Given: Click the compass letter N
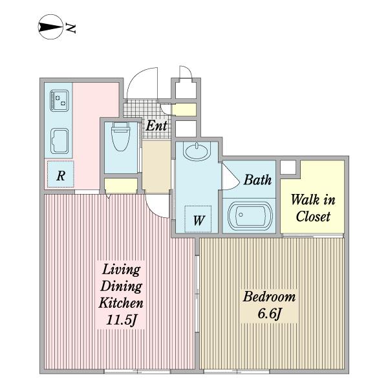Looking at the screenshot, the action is point(70,28).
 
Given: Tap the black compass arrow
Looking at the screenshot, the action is point(50,27).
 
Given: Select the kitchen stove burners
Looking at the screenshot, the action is point(59,100).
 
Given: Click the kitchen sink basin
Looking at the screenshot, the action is point(59,141).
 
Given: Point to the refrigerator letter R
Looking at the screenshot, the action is point(61,176).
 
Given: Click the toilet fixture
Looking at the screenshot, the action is point(120,136).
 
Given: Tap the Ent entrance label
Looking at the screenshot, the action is point(156,125).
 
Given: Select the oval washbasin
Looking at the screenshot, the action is point(197,151).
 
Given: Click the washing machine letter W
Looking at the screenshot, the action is point(199,221).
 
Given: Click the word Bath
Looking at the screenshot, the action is point(257,180).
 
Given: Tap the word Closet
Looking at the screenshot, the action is point(313,217).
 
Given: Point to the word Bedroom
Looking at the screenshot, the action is point(269,297).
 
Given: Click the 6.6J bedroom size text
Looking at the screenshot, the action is point(270,314).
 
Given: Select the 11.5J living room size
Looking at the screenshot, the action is point(122,320).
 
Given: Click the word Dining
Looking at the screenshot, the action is point(121,287).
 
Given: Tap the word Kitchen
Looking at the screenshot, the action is point(121,303).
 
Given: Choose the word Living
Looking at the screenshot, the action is point(122,270).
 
